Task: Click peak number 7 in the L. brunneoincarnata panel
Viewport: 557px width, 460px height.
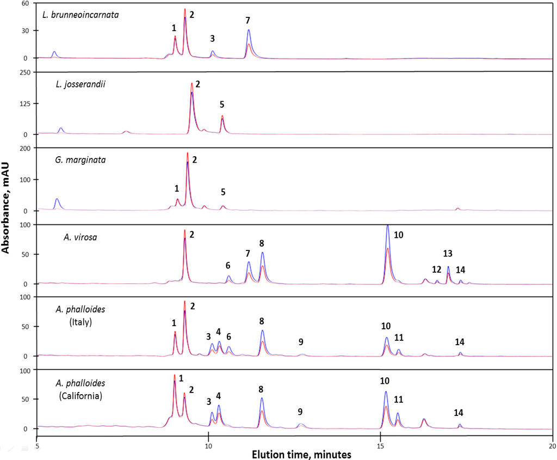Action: (x=247, y=20)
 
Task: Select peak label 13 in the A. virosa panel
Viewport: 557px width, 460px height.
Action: (x=448, y=253)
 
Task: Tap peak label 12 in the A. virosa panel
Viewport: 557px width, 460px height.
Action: (x=436, y=269)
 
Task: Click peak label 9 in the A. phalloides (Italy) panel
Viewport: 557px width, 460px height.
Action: (x=301, y=342)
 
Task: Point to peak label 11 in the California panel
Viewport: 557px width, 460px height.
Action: (x=398, y=400)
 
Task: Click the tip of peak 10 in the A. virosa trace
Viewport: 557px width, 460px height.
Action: (x=387, y=225)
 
